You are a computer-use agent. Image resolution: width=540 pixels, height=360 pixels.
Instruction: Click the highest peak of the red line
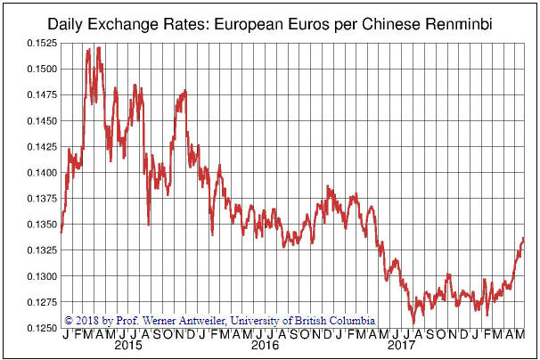[97, 47]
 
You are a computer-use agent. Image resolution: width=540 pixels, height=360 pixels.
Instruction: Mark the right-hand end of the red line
[523, 239]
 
